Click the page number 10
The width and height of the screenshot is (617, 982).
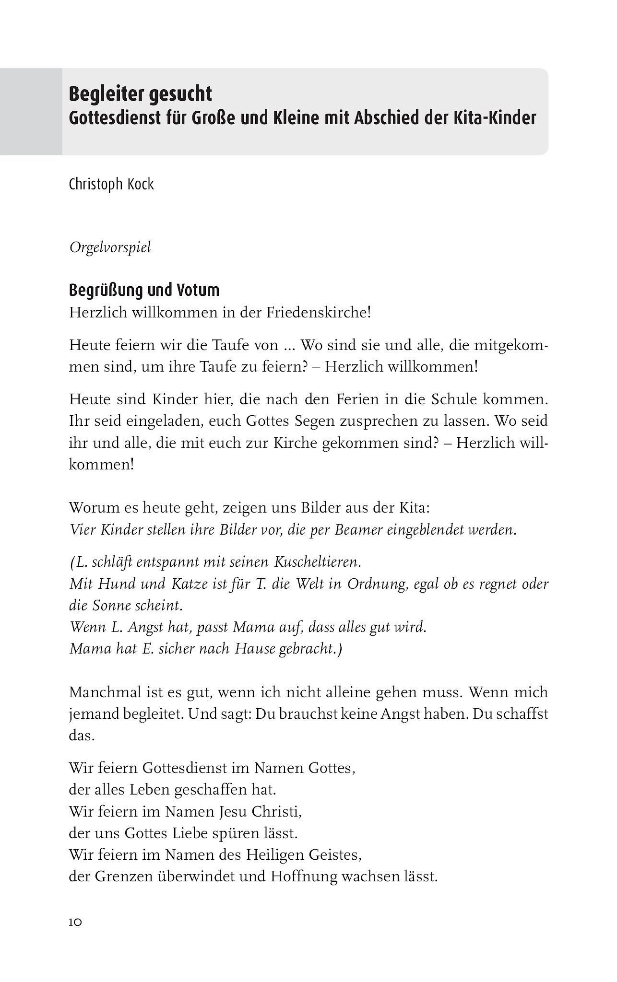click(76, 923)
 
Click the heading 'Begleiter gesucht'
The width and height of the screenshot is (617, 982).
click(140, 94)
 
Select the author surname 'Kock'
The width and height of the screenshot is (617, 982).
click(141, 184)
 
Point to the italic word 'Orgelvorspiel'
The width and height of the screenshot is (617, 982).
click(110, 248)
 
